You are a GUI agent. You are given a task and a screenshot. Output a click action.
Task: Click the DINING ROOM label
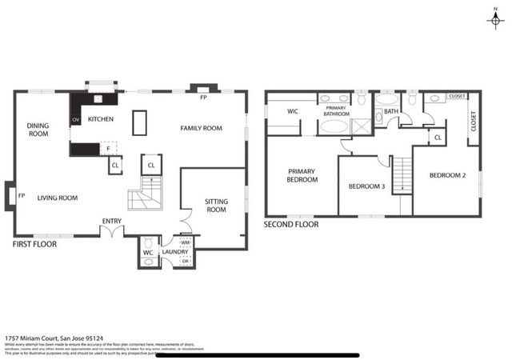click(38, 130)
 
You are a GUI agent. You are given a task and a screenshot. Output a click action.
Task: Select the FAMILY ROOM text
click(201, 128)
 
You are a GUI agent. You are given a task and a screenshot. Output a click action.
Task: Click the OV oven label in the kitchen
click(77, 120)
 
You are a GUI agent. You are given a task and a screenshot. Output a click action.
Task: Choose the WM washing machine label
click(185, 242)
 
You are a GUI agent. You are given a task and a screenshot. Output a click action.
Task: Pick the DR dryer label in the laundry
click(185, 261)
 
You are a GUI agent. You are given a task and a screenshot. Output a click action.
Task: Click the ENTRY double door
click(112, 232)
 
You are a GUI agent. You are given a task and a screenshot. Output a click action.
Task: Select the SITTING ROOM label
click(216, 206)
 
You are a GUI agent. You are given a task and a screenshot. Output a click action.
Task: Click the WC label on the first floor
click(148, 253)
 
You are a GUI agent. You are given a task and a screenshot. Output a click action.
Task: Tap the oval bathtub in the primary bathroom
click(334, 126)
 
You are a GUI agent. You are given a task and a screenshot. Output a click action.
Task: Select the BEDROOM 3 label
click(366, 186)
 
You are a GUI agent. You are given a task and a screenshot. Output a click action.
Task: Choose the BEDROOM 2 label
click(447, 175)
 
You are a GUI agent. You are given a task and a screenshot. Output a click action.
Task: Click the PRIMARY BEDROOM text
click(302, 175)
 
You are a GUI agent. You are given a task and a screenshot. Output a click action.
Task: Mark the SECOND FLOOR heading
click(291, 225)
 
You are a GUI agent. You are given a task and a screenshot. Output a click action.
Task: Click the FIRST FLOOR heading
click(34, 244)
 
